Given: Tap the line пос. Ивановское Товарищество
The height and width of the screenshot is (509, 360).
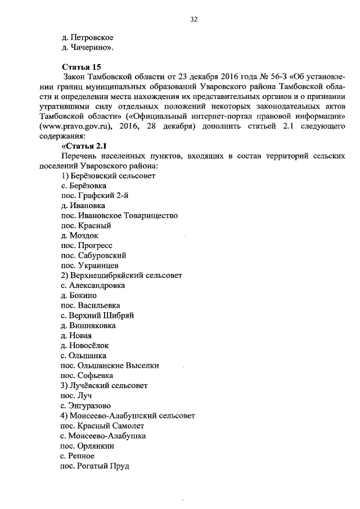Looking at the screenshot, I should (x=119, y=215).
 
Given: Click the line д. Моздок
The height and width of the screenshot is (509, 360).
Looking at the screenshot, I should (x=80, y=236).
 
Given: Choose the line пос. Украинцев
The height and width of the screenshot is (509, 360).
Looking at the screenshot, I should (x=89, y=265).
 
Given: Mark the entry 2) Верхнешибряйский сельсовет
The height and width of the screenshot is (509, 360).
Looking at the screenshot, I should (x=121, y=276).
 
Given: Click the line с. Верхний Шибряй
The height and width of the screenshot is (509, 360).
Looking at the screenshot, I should (x=97, y=316).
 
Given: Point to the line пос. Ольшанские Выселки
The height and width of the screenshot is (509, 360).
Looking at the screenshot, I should (x=110, y=366).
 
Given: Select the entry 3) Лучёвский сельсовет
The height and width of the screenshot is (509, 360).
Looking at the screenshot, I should (x=104, y=386).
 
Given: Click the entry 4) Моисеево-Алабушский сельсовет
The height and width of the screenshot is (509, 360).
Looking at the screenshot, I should (x=128, y=416).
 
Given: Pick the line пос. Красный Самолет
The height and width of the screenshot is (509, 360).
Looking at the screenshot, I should (x=98, y=426).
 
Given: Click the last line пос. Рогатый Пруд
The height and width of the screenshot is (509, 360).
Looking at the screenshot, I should (x=94, y=466).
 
